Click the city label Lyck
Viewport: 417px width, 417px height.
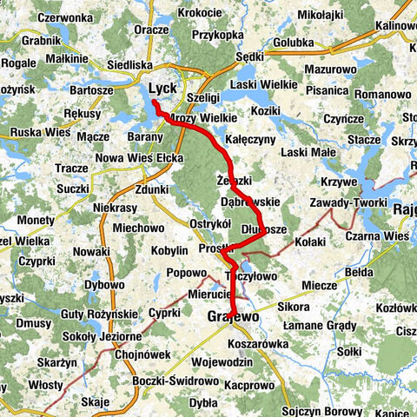pos(163,89)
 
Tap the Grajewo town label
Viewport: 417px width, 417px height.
pos(233,318)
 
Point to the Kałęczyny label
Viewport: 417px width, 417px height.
pos(250,139)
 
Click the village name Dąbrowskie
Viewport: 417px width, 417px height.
pos(249,201)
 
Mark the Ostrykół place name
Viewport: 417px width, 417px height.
pos(208,223)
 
